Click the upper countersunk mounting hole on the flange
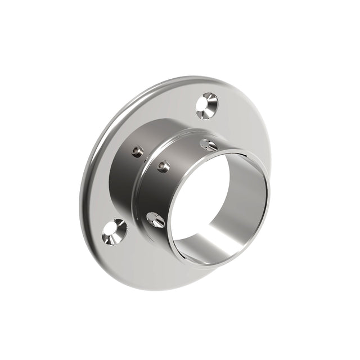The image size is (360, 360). coord(207,106)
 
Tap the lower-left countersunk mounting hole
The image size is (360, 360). coord(114,231)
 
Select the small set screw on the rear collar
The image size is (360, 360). coord(137,151)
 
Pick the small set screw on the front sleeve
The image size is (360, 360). coord(164,166)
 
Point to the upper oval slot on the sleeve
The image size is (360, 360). coord(208,145)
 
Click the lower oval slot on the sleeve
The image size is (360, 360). coord(156,219)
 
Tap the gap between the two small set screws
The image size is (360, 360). coord(150,159)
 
